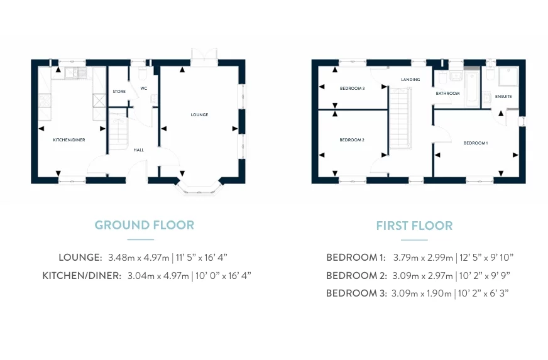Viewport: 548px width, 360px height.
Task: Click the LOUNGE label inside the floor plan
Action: point(199,114)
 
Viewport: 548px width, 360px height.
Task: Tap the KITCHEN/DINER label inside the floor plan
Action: point(69,140)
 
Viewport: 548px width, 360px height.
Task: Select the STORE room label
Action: point(119,92)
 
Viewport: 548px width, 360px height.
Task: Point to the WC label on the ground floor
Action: point(144,89)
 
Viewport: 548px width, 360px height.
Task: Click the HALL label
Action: point(138,150)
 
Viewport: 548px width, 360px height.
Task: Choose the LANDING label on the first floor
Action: point(410,80)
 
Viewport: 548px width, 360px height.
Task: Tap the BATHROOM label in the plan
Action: point(447,94)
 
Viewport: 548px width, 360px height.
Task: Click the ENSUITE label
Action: point(503,97)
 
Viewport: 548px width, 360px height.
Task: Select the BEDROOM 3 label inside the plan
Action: point(352,89)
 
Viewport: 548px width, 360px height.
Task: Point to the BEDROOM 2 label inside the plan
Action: point(351,140)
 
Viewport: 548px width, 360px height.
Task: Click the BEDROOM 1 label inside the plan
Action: point(475,143)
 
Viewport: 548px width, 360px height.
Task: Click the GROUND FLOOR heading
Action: point(144,225)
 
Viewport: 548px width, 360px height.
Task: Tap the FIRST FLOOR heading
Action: point(414,226)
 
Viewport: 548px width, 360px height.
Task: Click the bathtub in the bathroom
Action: point(472,89)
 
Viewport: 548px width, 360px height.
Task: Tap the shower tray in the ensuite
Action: point(508,77)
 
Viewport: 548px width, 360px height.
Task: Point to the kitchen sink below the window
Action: point(76,73)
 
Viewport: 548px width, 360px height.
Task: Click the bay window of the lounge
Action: point(199,189)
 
